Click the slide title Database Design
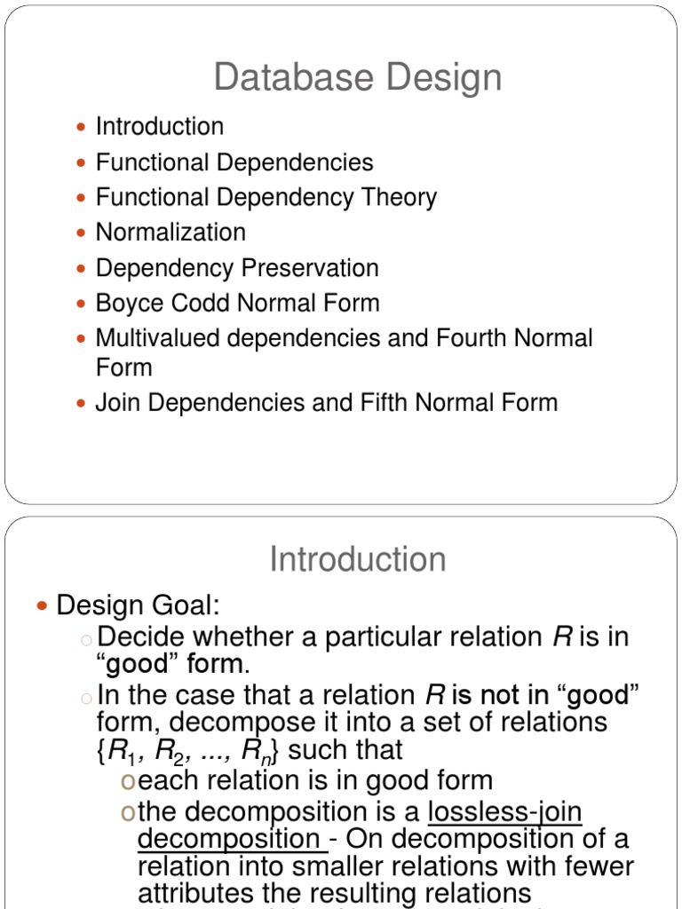click(358, 78)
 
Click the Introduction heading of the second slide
click(358, 560)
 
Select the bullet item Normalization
click(170, 233)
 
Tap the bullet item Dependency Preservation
click(237, 268)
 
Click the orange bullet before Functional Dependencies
click(82, 163)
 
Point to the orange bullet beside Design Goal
click(42, 606)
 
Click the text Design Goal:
click(138, 606)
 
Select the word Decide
click(142, 637)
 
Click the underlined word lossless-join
click(504, 812)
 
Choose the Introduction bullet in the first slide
click(160, 127)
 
